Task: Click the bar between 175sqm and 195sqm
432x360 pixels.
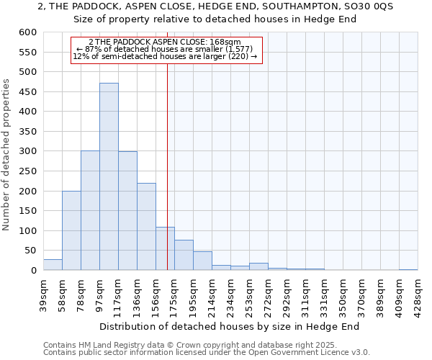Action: (184, 255)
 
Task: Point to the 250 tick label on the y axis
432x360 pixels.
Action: (27, 171)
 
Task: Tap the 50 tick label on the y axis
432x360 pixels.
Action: (30, 251)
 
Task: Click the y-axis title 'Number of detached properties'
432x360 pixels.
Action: (6, 155)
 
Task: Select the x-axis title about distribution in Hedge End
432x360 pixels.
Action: (228, 326)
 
